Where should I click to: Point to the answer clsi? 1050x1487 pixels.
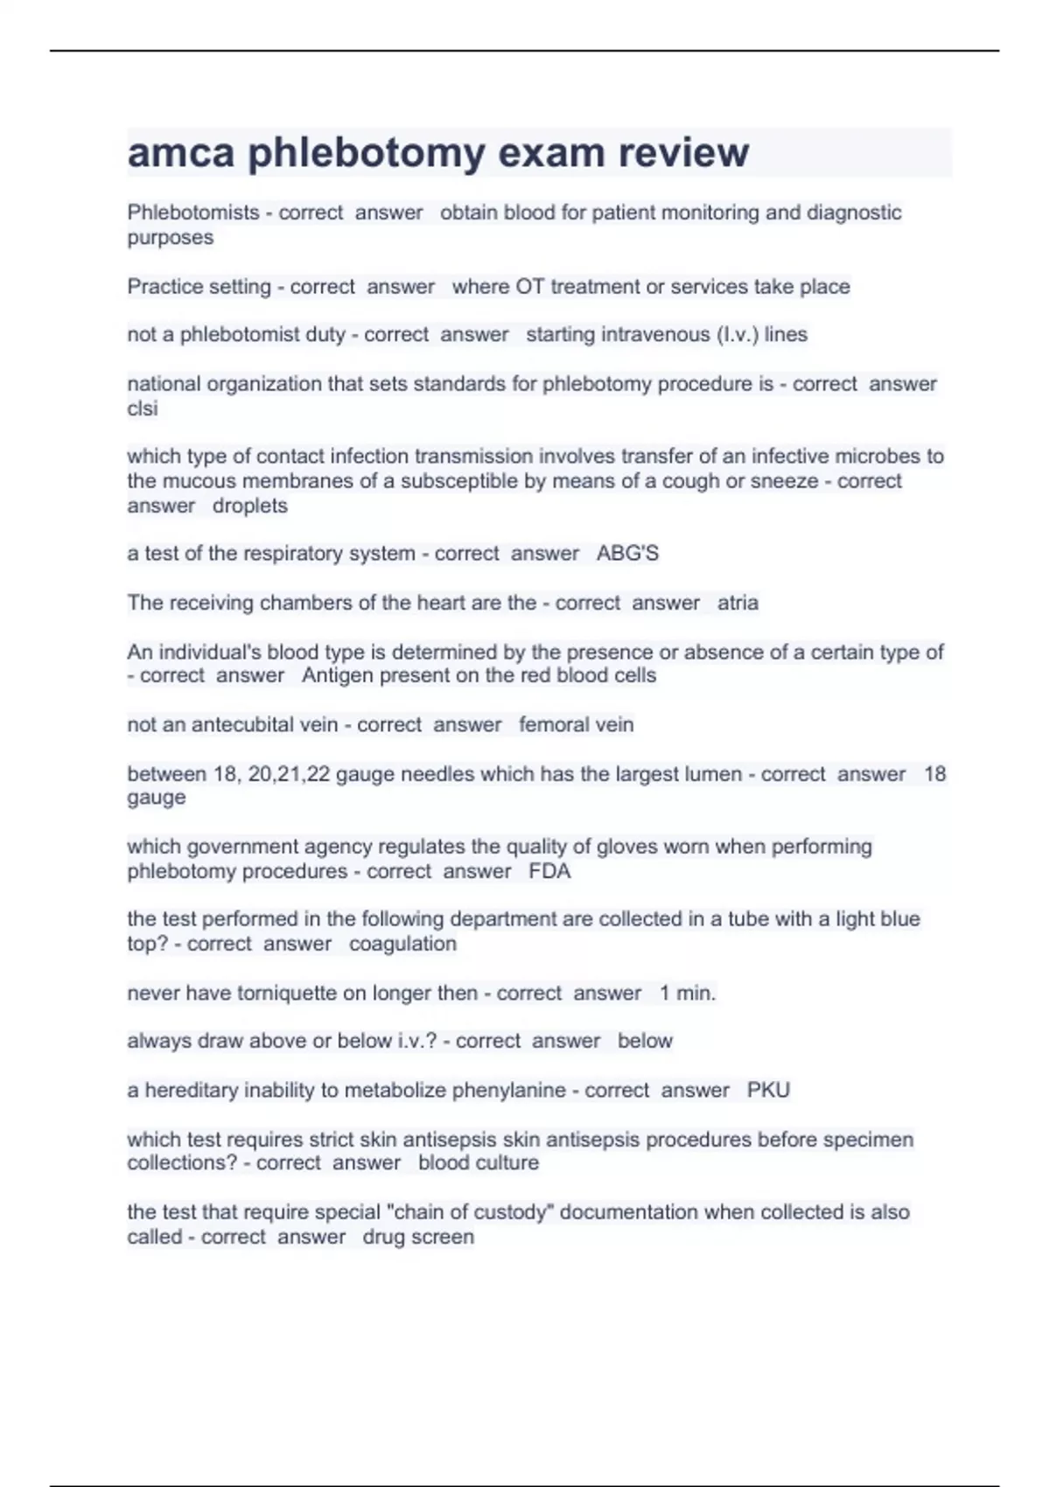(143, 408)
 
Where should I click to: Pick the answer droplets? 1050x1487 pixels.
(250, 506)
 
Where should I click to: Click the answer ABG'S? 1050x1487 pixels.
(627, 554)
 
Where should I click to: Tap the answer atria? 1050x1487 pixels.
(738, 603)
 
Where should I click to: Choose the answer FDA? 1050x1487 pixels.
(549, 871)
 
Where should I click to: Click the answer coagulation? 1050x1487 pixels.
(402, 944)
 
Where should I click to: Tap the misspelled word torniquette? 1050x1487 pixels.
(290, 994)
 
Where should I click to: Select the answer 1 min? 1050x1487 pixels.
(687, 994)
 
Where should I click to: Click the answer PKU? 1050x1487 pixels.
(768, 1090)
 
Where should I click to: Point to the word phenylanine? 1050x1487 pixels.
(507, 1090)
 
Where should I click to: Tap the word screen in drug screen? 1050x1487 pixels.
(446, 1237)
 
